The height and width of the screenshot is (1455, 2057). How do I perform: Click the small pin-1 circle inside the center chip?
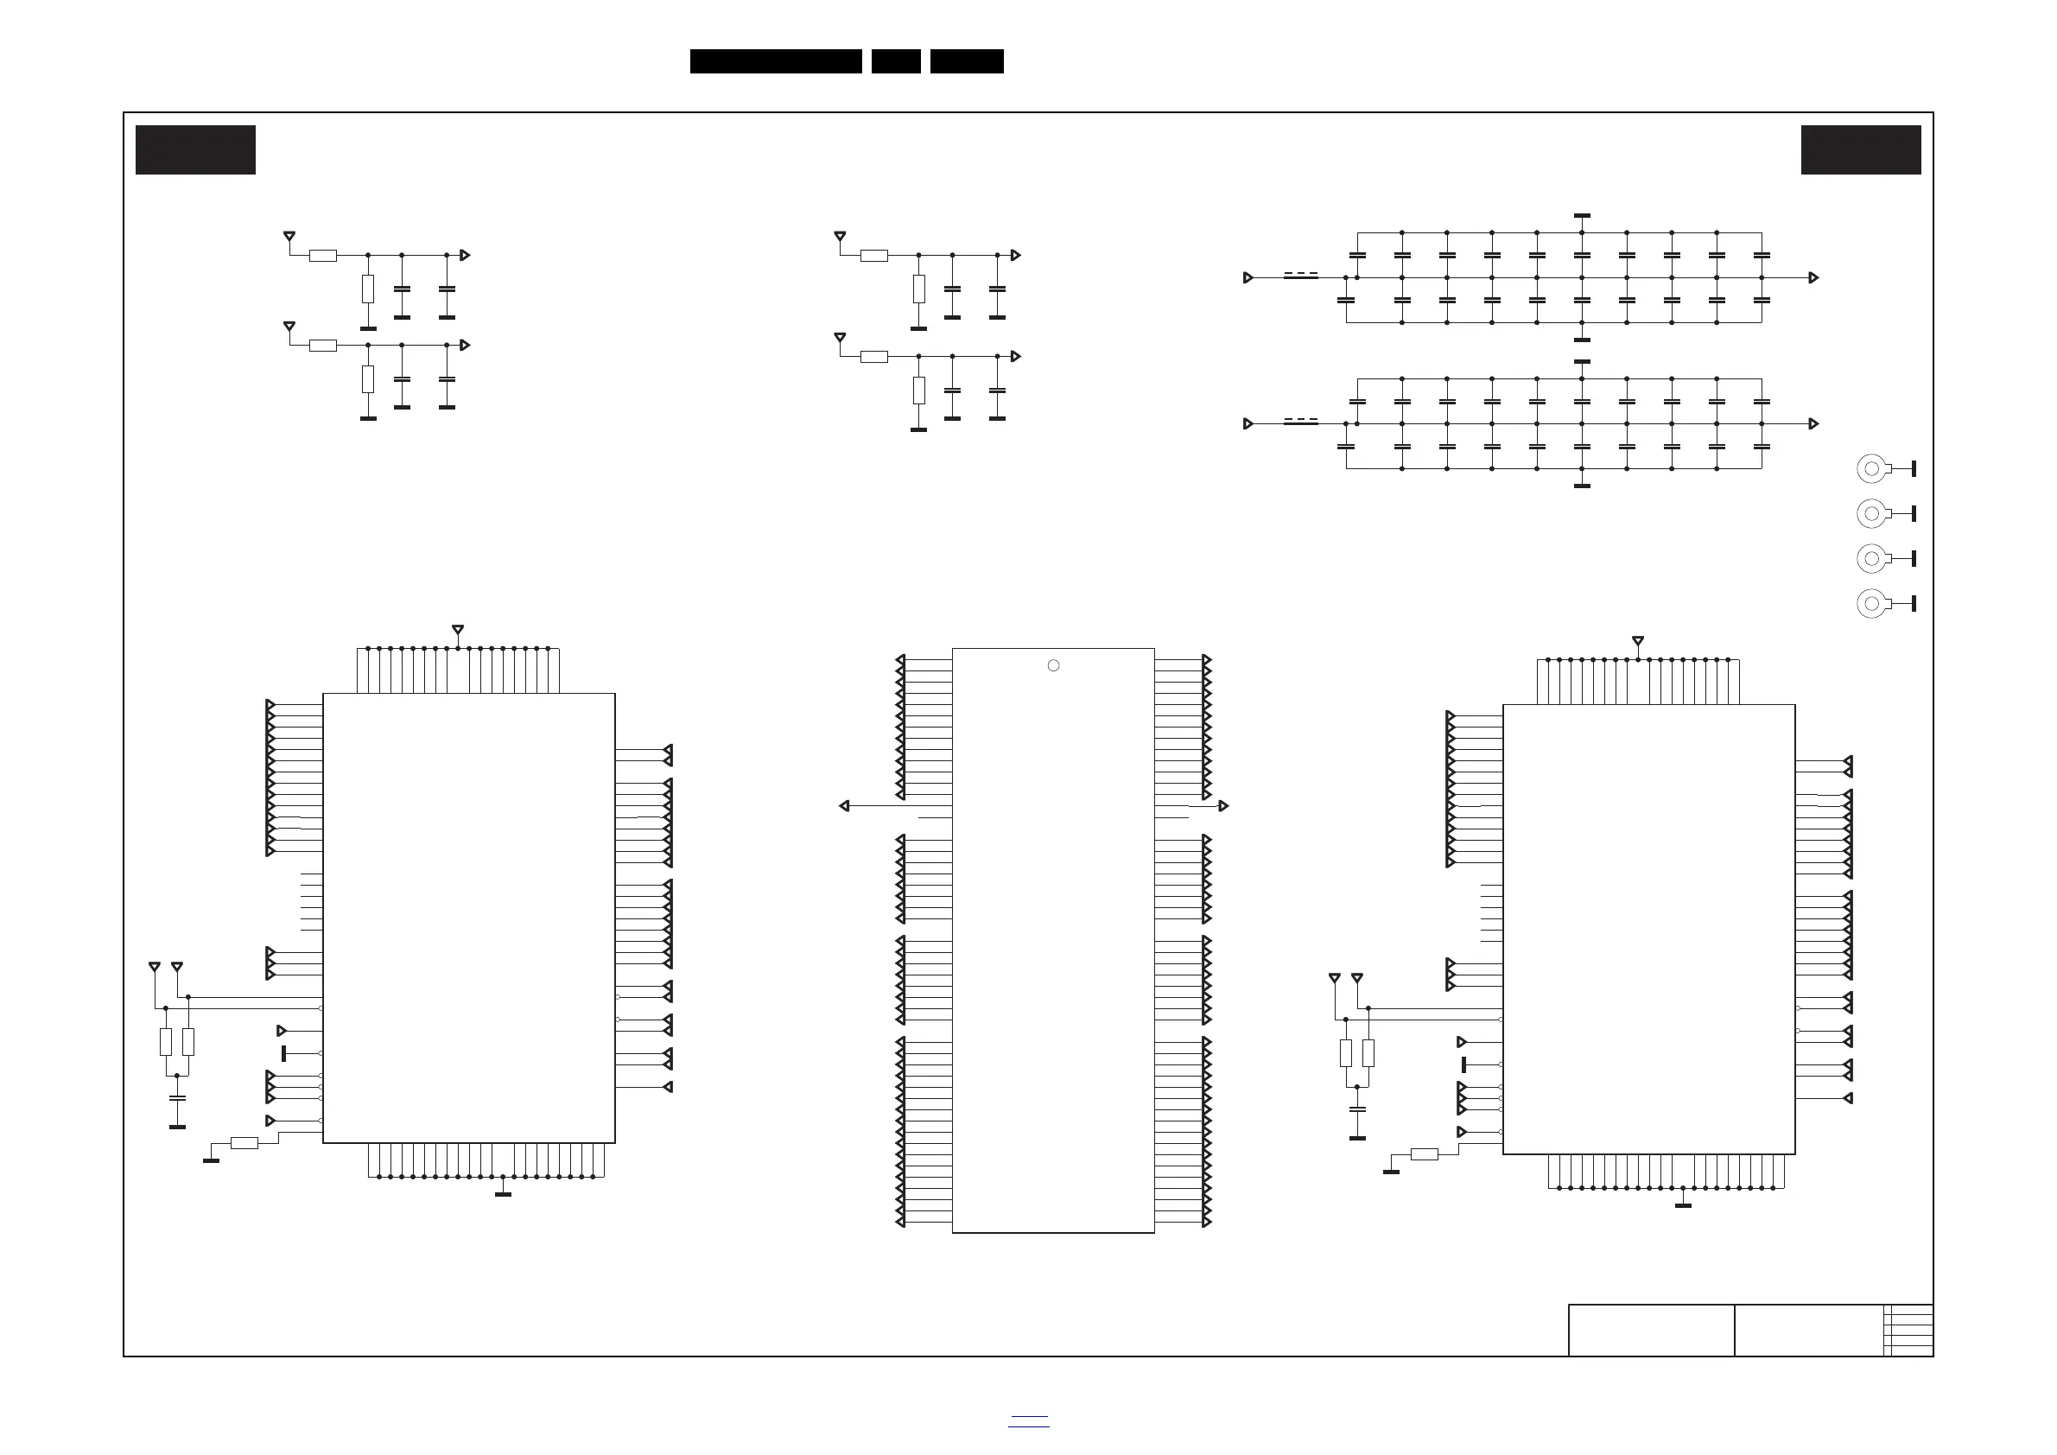pyautogui.click(x=1054, y=665)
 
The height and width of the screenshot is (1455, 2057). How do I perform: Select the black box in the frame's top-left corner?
pyautogui.click(x=195, y=149)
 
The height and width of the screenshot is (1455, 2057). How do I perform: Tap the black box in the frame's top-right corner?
pyautogui.click(x=1861, y=149)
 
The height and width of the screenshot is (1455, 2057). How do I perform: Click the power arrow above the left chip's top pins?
pyautogui.click(x=458, y=630)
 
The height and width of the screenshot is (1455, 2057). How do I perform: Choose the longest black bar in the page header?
pyautogui.click(x=776, y=61)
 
